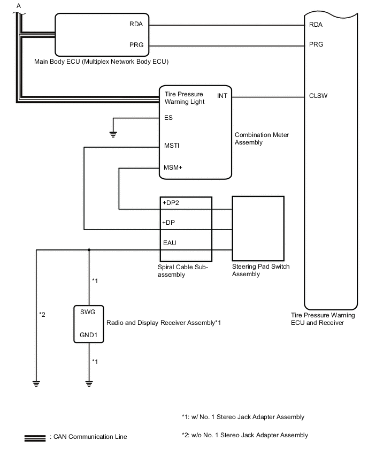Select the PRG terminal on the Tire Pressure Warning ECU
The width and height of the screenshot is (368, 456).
pos(316,44)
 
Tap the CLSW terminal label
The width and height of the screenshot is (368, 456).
pos(318,97)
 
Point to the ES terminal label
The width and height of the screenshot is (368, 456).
pos(168,118)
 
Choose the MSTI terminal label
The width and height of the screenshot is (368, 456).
pos(172,145)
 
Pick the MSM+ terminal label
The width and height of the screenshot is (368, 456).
pos(173,168)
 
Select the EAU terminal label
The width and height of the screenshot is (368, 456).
pos(170,242)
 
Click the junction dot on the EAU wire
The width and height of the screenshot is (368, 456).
pos(89,249)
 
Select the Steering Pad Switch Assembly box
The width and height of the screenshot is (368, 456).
pos(258,227)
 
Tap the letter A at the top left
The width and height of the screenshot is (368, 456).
pos(19,6)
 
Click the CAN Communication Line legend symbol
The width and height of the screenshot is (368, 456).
pos(35,437)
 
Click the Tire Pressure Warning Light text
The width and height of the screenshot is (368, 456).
pos(183,98)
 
